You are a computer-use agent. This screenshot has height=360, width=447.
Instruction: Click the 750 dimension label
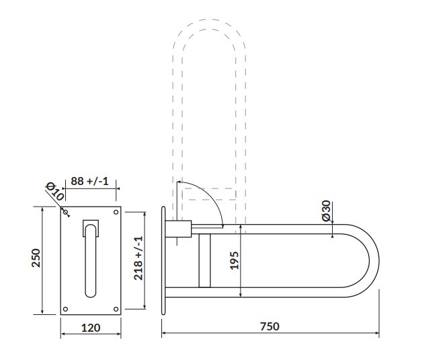click(270, 326)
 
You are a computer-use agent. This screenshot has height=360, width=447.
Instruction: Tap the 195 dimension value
click(234, 260)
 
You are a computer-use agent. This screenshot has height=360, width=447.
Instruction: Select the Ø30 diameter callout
click(326, 211)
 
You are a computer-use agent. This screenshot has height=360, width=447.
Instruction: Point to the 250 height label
click(36, 258)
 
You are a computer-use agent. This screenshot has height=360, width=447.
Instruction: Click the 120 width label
click(91, 328)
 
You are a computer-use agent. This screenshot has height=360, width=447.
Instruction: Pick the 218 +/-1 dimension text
click(138, 258)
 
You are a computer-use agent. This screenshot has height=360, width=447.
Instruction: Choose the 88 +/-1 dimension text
click(90, 181)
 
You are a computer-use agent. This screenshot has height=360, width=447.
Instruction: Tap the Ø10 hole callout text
click(55, 191)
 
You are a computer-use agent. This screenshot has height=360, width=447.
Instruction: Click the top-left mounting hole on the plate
click(65, 212)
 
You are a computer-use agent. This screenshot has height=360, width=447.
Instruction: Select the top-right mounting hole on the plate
click(116, 212)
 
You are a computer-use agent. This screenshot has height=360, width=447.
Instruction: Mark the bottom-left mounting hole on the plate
click(65, 309)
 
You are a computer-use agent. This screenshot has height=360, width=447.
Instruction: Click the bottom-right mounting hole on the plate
click(116, 309)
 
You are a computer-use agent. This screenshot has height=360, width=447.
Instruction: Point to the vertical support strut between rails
click(204, 260)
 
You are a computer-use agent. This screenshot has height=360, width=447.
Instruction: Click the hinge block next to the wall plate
click(178, 229)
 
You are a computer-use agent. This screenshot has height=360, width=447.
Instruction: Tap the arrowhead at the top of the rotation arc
click(179, 182)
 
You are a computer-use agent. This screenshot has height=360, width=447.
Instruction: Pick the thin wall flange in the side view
click(163, 260)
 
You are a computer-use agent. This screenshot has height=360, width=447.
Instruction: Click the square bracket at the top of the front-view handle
click(91, 228)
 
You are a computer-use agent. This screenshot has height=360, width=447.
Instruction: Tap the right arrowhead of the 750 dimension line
click(377, 333)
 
